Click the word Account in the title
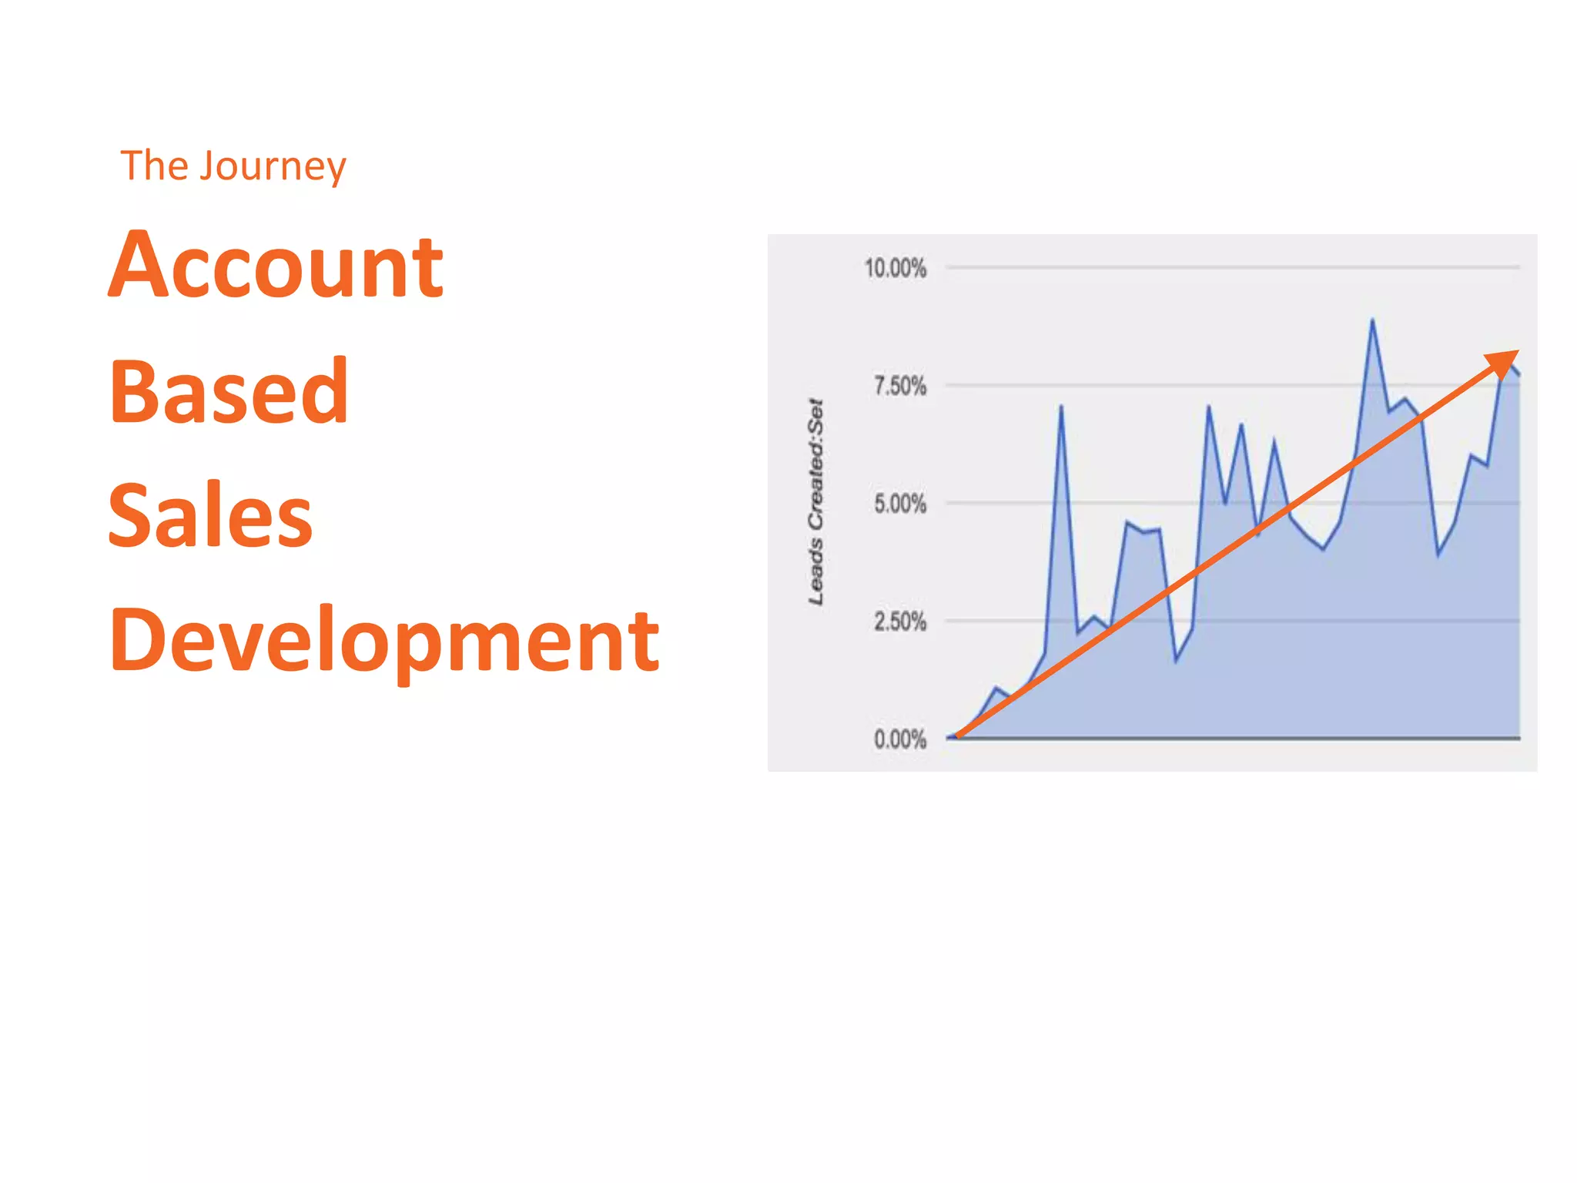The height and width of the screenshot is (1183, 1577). coord(276,266)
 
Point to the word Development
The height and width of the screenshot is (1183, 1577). coord(383,639)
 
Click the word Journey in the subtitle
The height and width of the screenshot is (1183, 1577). coord(273,166)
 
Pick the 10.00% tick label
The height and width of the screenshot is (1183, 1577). coord(895,268)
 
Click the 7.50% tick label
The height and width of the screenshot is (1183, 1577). coord(899,386)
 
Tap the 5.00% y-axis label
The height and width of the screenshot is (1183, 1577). coord(899,504)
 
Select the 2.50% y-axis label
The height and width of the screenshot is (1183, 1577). coord(899,622)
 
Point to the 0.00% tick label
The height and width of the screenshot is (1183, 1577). coord(899,739)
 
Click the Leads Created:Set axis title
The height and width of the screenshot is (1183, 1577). coord(815,502)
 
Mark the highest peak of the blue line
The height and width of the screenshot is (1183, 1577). coord(1372,320)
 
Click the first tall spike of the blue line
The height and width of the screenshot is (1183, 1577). coord(1061,407)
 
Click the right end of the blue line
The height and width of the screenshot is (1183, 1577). coord(1518,375)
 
